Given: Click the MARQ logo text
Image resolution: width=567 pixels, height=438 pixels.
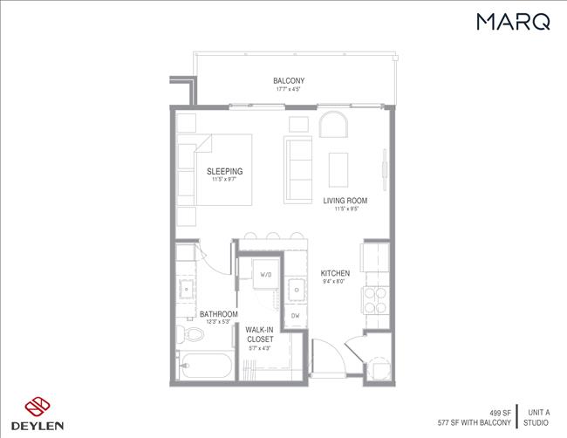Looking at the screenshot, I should pos(513,22).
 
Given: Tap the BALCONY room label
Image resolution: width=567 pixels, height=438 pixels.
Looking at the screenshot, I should pos(288,81).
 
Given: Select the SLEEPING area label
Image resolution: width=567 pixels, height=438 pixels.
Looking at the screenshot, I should pos(224,171).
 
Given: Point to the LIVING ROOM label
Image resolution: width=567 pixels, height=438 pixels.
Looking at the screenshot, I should pos(341,200).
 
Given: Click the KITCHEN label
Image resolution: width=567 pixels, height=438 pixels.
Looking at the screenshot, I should pos(334,272).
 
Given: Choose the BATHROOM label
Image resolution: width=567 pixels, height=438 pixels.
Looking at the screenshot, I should pos(218,313).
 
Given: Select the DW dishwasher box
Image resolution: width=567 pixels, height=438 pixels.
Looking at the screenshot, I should pos(295,315).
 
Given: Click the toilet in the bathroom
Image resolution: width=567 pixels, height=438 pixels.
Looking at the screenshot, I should pos(186,332).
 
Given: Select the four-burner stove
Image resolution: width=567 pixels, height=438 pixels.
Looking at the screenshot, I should pos(374,301).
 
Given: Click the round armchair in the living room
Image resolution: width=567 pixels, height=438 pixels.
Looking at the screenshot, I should pos(332,125).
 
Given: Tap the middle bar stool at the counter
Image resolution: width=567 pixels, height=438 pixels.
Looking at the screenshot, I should pos(272,236).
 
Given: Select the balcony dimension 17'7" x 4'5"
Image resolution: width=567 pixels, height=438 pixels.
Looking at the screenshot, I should pos(288,89).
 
